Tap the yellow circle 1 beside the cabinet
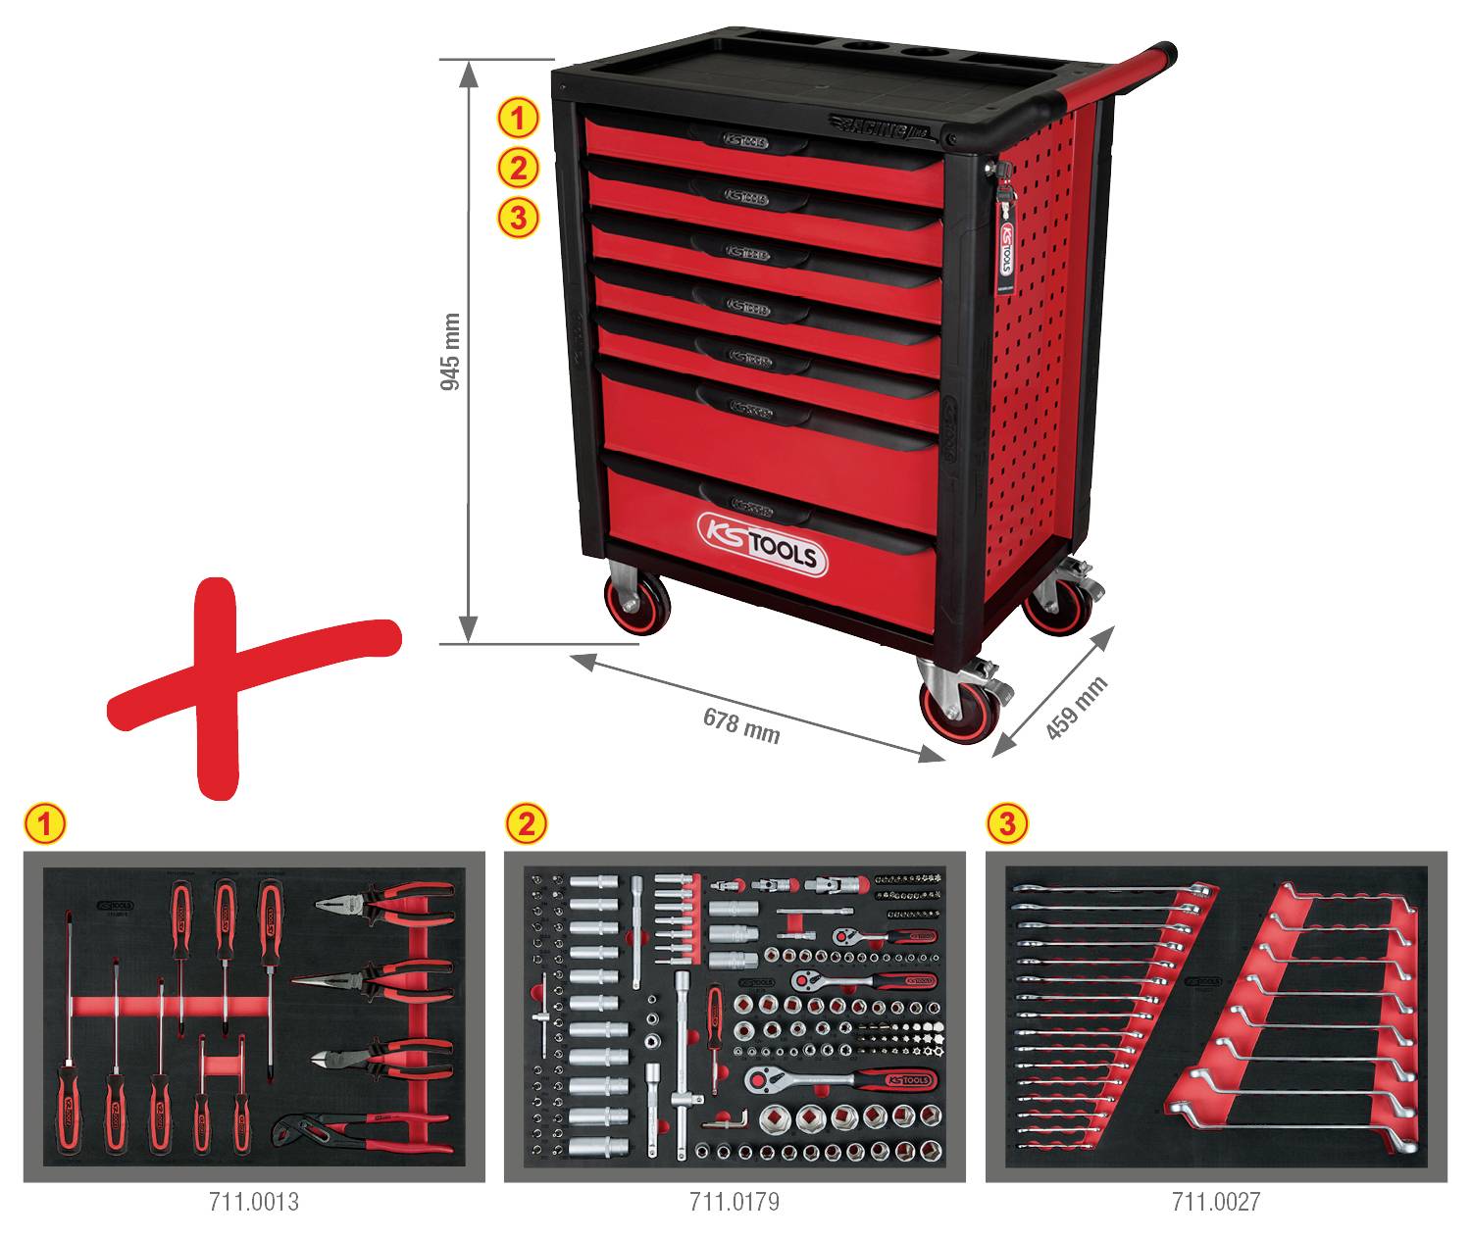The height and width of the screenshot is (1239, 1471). (519, 119)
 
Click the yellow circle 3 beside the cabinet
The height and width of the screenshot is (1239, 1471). (519, 218)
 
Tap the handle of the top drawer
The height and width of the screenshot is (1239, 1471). (747, 139)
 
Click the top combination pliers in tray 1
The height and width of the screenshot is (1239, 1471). (384, 904)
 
